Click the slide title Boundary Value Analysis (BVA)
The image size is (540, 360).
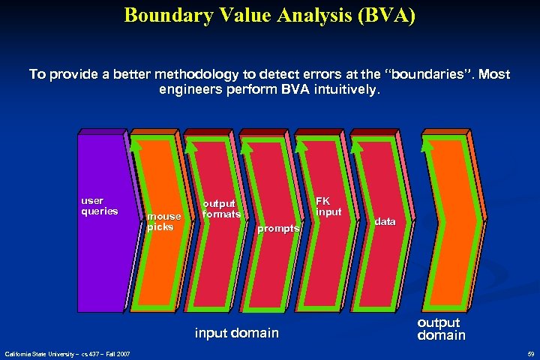[x=269, y=15]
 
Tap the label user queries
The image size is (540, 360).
[x=99, y=206]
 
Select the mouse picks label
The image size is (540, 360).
[x=163, y=221]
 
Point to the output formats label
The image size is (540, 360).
[x=221, y=209]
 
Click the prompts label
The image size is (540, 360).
[x=278, y=228]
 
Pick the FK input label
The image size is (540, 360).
[x=328, y=206]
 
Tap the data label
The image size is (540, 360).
[x=385, y=222]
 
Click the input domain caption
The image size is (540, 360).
[x=236, y=332]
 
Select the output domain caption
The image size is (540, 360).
[x=441, y=328]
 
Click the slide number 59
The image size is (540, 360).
[x=530, y=353]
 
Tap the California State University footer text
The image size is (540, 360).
[x=67, y=353]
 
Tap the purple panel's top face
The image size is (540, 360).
[x=101, y=132]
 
